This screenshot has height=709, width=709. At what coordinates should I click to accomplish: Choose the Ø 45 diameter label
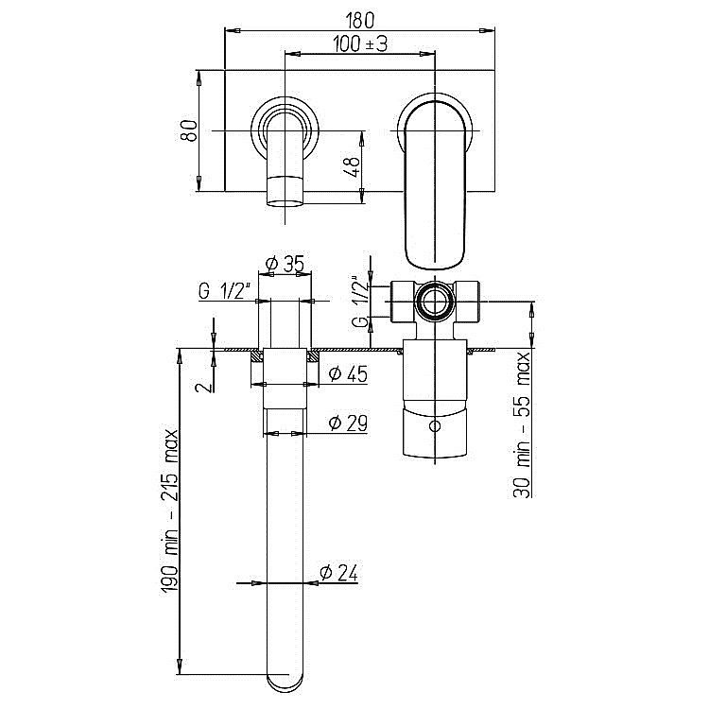347,373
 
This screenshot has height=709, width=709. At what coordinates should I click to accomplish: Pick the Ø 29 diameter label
347,422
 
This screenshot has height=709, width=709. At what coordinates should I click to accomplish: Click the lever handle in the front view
436,180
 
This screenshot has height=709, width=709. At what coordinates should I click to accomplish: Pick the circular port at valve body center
436,303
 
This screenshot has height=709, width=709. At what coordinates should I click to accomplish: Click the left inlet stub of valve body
400,303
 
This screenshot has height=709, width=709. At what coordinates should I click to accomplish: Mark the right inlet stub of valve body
472,303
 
